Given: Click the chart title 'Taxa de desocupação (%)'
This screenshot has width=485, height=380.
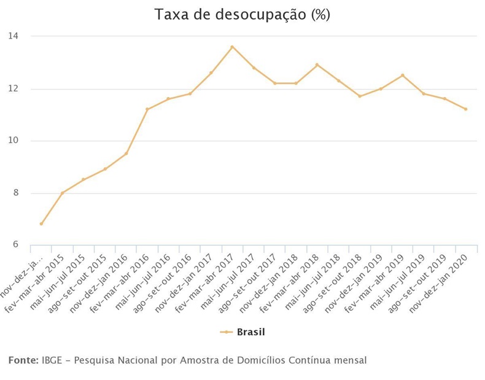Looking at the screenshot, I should point(243,15).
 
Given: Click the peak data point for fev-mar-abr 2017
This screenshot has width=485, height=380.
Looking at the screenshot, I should point(232,47).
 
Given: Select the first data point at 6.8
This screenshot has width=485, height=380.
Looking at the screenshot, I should point(41,224).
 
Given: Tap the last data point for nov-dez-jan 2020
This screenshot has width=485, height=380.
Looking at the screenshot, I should point(466,109).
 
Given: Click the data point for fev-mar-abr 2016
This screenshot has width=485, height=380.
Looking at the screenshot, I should point(147,109).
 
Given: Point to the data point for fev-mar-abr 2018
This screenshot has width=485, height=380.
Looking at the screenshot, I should point(317,64).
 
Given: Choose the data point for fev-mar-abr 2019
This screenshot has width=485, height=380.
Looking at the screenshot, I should point(402,76).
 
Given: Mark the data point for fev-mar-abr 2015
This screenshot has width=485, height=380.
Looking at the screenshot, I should point(62,193).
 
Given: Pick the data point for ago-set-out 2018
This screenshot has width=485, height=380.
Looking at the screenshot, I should point(360,96).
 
